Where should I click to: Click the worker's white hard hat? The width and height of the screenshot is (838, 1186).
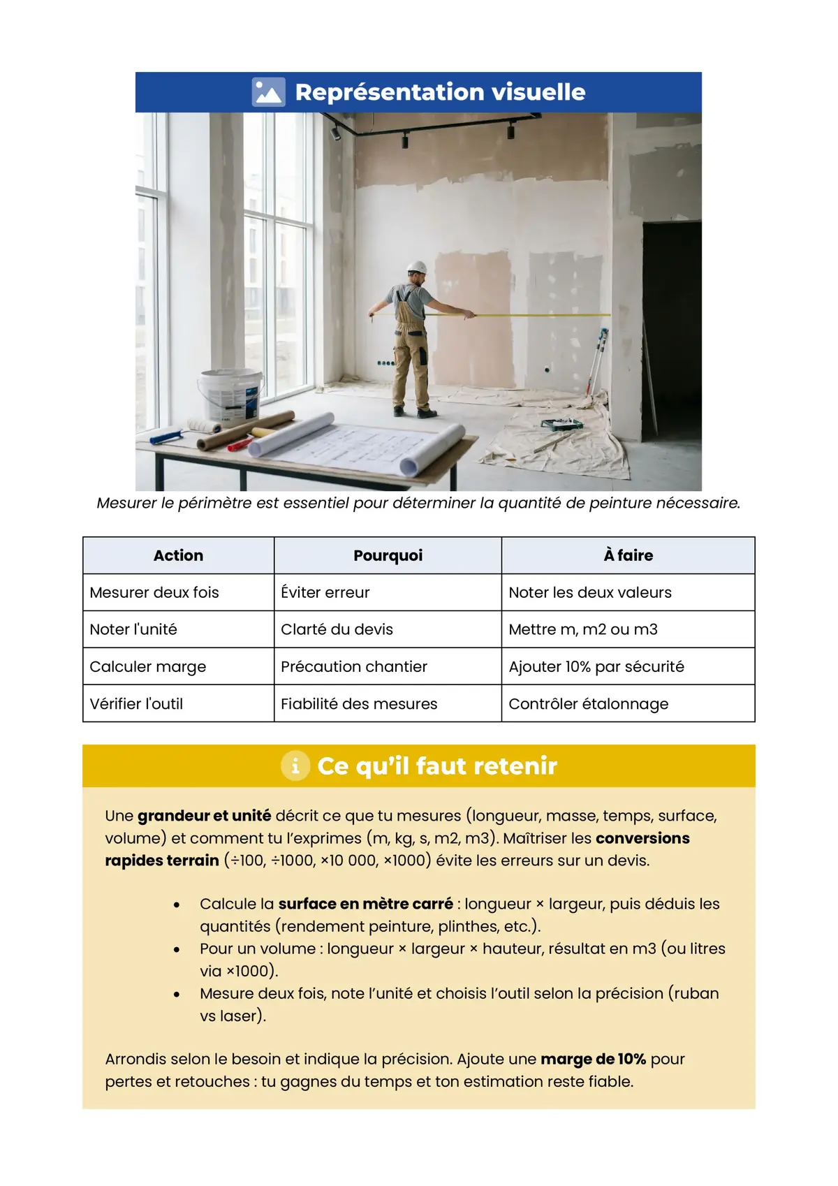(x=417, y=267)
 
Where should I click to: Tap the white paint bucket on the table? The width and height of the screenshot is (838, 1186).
(x=229, y=395)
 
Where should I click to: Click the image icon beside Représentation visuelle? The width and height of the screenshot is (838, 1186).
(x=269, y=92)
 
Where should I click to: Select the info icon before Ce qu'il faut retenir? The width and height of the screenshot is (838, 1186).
(x=295, y=766)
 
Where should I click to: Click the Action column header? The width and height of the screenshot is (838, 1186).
(x=178, y=555)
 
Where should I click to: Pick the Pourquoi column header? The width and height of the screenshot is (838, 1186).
(x=388, y=555)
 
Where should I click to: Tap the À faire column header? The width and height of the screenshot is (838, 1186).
(x=628, y=555)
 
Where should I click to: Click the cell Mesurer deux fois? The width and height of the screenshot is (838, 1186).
(x=154, y=592)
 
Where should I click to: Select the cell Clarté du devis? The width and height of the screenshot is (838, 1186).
(x=337, y=629)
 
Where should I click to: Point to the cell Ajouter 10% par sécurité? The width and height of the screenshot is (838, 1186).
(x=596, y=666)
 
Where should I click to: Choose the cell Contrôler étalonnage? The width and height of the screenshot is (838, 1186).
(x=588, y=703)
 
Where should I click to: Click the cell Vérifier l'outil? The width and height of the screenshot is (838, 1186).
(x=136, y=703)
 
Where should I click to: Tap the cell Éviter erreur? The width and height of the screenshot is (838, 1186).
(x=325, y=592)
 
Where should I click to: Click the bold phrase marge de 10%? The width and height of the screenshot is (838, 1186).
(x=593, y=1059)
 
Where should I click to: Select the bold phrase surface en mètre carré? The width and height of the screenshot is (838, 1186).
(x=365, y=904)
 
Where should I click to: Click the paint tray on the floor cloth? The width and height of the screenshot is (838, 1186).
(x=562, y=423)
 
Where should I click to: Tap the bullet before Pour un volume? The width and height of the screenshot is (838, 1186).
(x=177, y=949)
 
